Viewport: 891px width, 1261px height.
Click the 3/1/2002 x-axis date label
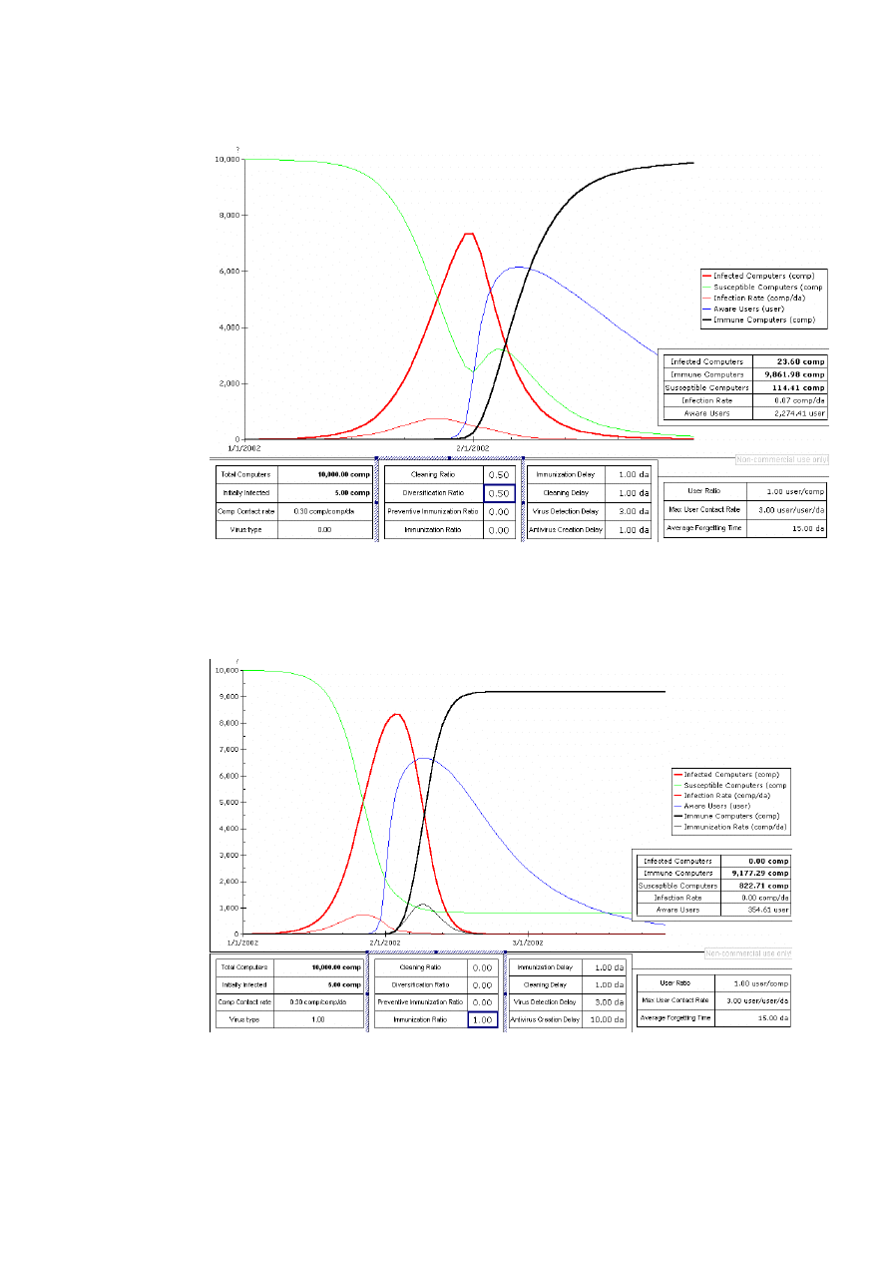click(527, 942)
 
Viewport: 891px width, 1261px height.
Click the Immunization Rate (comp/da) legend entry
click(735, 827)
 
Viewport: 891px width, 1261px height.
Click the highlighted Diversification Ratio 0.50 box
click(500, 493)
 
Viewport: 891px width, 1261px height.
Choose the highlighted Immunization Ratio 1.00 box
click(483, 1019)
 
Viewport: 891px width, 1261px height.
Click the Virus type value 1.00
click(319, 1019)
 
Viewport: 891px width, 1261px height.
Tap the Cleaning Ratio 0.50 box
click(500, 475)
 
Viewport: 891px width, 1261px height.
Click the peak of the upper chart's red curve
click(467, 234)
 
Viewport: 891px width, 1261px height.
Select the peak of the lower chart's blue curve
click(423, 758)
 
